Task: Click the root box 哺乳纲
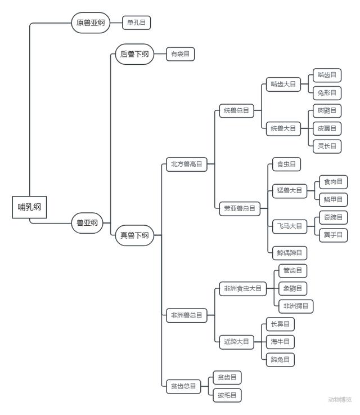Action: (30, 207)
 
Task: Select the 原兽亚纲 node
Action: (91, 23)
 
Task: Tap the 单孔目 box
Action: (137, 23)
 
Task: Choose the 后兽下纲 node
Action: (134, 54)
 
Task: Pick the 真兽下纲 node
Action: (134, 235)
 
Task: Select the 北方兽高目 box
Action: (186, 164)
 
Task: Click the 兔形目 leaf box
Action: (327, 93)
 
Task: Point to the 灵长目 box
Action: (327, 146)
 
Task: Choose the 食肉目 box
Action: (333, 181)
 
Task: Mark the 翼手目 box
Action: (333, 235)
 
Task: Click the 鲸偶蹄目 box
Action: (289, 253)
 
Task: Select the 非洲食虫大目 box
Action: (242, 288)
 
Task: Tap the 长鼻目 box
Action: (280, 324)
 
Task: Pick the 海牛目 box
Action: (280, 341)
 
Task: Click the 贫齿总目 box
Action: (183, 386)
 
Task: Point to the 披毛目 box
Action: (227, 395)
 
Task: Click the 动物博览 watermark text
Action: (340, 400)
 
